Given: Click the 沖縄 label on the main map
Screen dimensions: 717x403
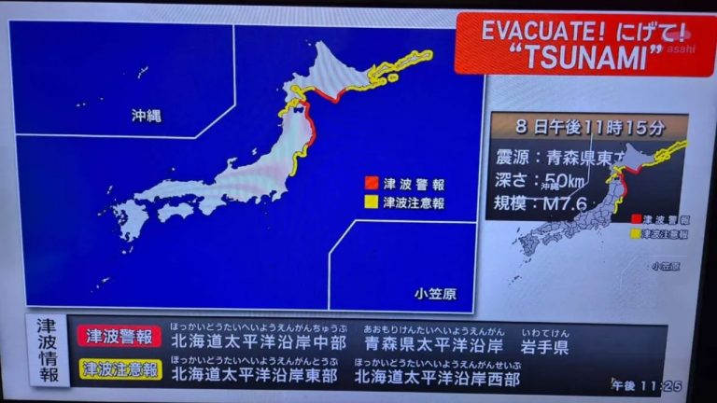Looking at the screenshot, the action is [x=146, y=116].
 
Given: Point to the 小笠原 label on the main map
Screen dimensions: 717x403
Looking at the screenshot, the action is [x=436, y=295].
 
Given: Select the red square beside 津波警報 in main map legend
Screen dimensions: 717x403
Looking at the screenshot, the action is [x=371, y=183].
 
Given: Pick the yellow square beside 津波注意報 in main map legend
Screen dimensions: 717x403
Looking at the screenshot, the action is [x=371, y=201].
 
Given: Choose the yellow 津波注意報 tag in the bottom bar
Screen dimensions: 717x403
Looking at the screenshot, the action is [x=119, y=369].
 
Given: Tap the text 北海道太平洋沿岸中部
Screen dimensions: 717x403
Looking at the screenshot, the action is [x=259, y=344].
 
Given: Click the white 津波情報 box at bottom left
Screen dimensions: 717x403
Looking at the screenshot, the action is [x=46, y=351].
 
